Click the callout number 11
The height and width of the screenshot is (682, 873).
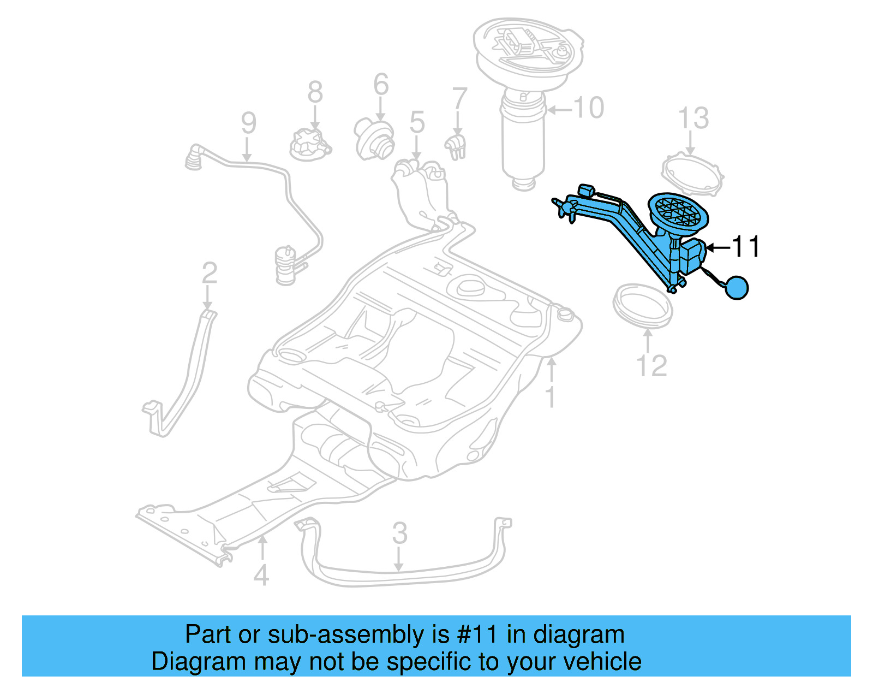click(x=746, y=247)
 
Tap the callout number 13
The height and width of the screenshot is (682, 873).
click(x=693, y=118)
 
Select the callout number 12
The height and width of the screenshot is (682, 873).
click(x=652, y=366)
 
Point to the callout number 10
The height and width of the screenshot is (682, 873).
click(x=589, y=108)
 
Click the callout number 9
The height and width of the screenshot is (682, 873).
click(x=248, y=123)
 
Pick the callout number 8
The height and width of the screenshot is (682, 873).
click(x=315, y=92)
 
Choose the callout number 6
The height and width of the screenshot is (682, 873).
click(x=381, y=85)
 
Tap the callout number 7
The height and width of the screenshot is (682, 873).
click(x=460, y=99)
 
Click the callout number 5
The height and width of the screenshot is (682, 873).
click(x=417, y=122)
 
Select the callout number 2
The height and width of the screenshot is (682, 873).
click(x=210, y=273)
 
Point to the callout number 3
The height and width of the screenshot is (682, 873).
click(x=399, y=533)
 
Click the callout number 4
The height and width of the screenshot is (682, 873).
click(x=261, y=575)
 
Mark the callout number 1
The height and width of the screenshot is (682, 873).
click(x=551, y=397)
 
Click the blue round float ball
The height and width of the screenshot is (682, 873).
click(x=737, y=287)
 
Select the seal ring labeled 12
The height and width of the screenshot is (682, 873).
click(x=643, y=305)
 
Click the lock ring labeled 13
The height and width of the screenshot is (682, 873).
click(x=692, y=175)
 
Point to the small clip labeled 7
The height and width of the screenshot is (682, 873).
click(x=456, y=146)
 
